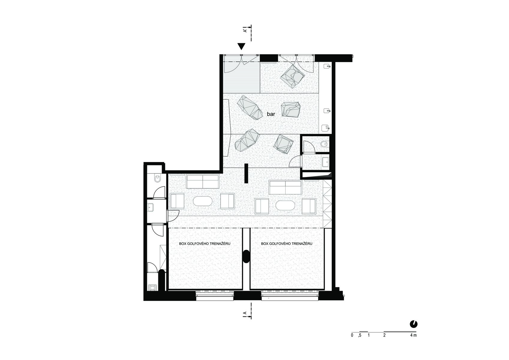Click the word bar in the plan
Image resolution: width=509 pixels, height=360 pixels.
coord(271,114)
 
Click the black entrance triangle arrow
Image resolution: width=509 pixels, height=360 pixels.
coord(241,46)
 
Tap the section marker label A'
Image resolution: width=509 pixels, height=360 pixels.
coord(245,31)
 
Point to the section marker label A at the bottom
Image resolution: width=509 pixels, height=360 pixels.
coord(245,313)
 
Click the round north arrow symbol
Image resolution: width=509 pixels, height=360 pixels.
coord(414,324)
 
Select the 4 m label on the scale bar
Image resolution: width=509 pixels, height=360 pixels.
coord(414,335)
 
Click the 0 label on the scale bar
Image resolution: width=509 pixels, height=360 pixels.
coord(352,335)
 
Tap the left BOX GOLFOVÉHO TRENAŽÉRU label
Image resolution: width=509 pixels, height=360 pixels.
coord(205,243)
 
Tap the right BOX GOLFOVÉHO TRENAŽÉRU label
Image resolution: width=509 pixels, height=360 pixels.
coord(286,243)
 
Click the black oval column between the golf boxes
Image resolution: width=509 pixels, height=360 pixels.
coord(246,256)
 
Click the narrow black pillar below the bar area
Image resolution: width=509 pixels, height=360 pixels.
coord(246,173)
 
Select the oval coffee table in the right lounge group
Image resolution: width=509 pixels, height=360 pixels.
coord(285,205)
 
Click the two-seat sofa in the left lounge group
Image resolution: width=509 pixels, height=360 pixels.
coord(203,181)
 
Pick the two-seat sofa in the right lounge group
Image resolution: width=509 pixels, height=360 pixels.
coord(286,187)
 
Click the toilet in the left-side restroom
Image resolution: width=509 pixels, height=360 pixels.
coord(157,178)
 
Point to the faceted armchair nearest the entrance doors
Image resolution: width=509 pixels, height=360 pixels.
coord(292,76)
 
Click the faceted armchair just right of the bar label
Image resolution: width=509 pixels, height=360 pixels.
coord(291,109)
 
